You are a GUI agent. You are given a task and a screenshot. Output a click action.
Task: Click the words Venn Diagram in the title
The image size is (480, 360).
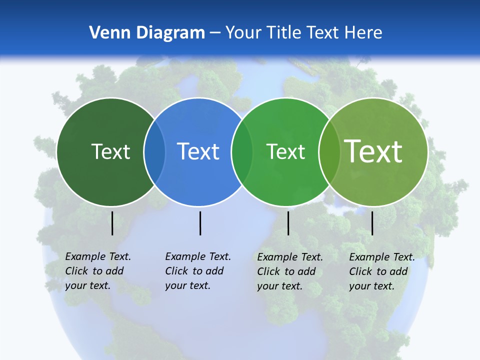(147, 33)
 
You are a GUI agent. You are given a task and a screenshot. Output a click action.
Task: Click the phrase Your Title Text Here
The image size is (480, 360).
(303, 33)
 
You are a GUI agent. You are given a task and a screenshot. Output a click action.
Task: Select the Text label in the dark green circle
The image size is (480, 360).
(110, 151)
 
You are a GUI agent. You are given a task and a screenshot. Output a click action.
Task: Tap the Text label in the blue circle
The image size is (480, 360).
(198, 151)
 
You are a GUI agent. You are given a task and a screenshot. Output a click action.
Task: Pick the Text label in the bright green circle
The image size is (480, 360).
(285, 151)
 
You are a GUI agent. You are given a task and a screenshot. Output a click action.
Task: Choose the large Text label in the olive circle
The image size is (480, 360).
(373, 151)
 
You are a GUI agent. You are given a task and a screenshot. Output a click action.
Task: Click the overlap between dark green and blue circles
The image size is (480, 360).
(154, 152)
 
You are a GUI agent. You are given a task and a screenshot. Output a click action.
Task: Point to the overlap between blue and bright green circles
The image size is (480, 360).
(242, 152)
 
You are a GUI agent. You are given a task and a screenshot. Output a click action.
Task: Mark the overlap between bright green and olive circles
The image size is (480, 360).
(329, 152)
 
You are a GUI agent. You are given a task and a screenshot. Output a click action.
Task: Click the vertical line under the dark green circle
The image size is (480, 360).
(112, 223)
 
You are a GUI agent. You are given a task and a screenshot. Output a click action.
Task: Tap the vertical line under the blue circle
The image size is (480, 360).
(200, 223)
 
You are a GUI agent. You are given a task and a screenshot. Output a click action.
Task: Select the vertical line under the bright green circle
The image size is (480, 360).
(288, 223)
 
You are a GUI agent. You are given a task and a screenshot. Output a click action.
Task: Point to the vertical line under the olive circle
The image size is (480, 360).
(372, 223)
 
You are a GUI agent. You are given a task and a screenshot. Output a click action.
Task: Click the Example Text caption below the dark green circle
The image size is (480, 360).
(98, 271)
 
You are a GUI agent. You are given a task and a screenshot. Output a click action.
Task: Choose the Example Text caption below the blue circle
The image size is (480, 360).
(198, 271)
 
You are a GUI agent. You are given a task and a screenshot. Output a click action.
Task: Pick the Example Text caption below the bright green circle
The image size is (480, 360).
(290, 271)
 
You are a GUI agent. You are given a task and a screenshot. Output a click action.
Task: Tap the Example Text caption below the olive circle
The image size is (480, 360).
(382, 271)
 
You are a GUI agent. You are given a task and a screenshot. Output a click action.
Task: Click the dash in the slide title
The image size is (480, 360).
(215, 33)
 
